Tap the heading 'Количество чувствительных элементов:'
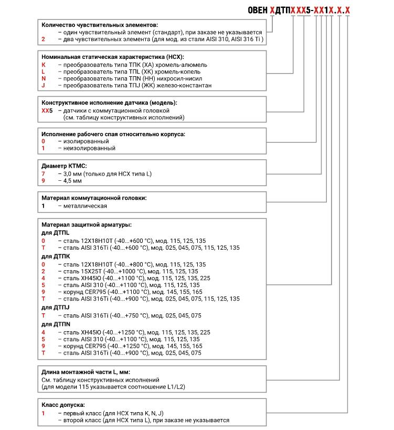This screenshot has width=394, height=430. (99, 25)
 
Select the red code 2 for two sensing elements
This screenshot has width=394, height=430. (43, 39)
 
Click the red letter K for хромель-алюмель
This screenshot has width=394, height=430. (43, 64)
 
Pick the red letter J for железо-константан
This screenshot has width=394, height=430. (43, 85)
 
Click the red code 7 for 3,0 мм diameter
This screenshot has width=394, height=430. (43, 173)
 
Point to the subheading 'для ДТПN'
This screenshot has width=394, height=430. (56, 324)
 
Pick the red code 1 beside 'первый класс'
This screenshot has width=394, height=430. (43, 413)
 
